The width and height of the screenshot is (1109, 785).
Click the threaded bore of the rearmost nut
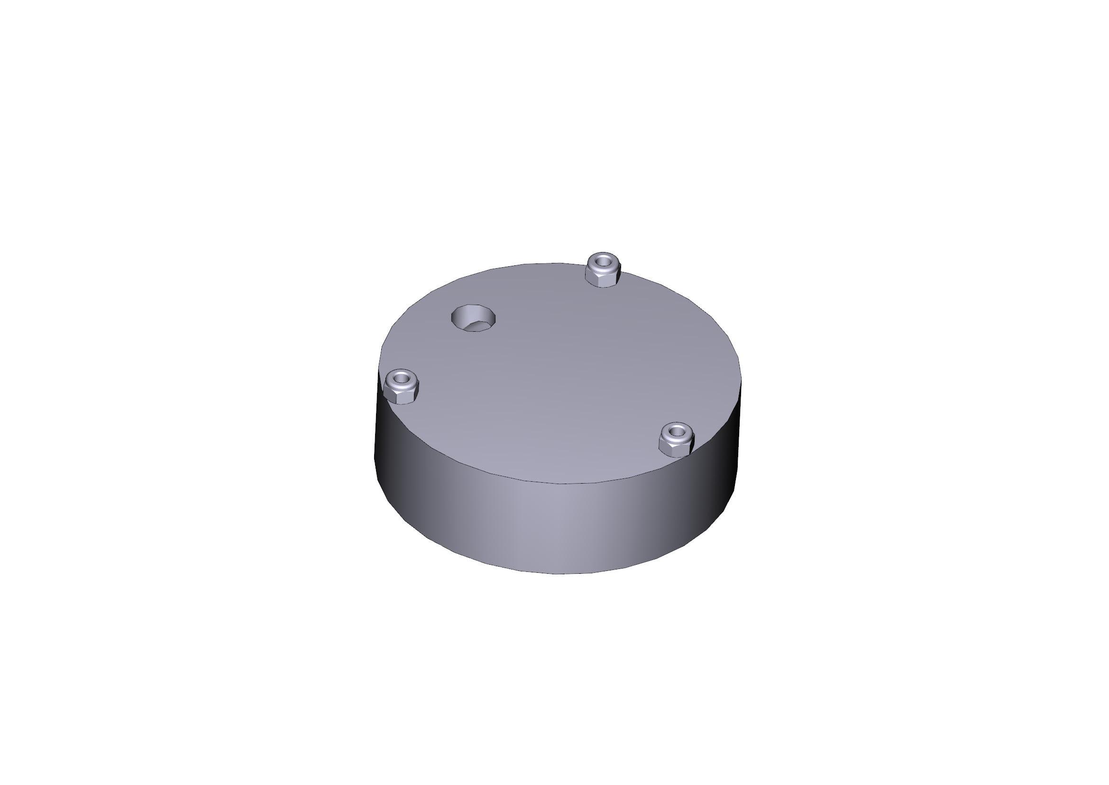click(602, 262)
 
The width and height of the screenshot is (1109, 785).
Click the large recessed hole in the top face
click(473, 318)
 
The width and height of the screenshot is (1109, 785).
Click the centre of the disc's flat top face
click(560, 372)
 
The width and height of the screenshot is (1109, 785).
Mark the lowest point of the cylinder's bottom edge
click(558, 574)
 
